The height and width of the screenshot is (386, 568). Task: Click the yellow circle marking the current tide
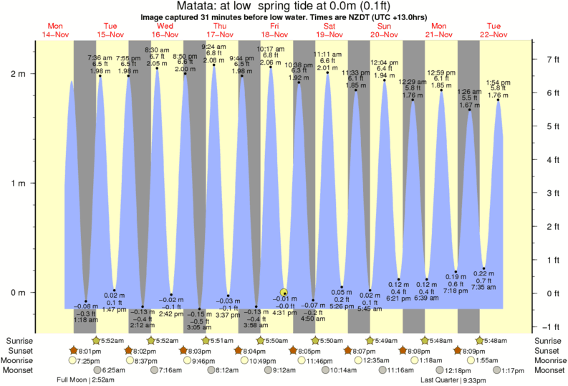tap(284, 292)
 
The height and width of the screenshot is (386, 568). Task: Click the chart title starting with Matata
tap(284, 6)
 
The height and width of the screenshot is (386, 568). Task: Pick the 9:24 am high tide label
tap(214, 46)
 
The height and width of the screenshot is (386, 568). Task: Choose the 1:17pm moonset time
tap(493, 370)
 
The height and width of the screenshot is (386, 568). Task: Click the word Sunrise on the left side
tap(19, 341)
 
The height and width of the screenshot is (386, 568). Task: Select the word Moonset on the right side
tap(548, 370)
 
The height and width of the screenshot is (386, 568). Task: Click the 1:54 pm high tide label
tap(498, 83)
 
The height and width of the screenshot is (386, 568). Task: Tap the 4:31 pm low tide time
tap(285, 313)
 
